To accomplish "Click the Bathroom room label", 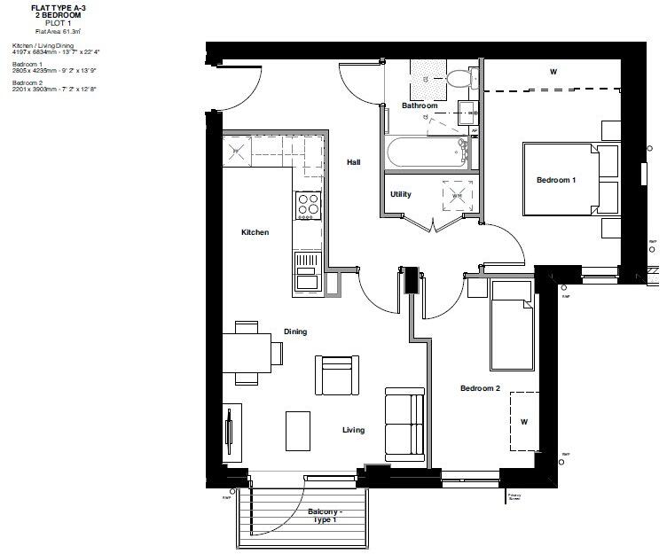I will [x=420, y=105].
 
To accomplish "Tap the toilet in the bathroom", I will [x=459, y=80].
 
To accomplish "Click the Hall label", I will [x=354, y=162].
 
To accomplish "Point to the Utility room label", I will [x=401, y=194].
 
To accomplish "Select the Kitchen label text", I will [x=255, y=232].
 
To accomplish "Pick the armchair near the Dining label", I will [x=339, y=376].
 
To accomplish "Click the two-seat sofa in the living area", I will [x=404, y=425].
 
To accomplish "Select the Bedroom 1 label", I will [x=556, y=180].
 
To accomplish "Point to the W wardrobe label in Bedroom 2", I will [x=524, y=422].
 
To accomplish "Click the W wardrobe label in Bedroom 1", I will [x=553, y=72].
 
